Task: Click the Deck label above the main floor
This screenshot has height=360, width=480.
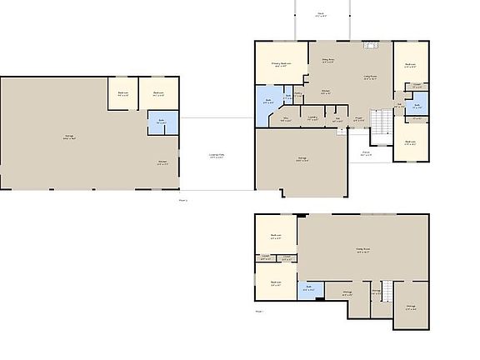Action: (x=320, y=14)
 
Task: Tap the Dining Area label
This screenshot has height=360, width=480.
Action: (x=328, y=61)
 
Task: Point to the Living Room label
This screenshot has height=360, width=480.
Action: (x=370, y=77)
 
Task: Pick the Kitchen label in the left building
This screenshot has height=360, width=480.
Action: (x=163, y=163)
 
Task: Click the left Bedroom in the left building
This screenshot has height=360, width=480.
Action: (x=122, y=93)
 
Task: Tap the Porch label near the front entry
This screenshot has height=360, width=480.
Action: (x=366, y=153)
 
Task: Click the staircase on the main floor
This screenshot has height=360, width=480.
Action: (x=380, y=125)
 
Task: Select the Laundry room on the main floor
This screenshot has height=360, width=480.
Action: (x=312, y=117)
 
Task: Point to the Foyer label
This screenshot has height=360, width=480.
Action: (x=358, y=118)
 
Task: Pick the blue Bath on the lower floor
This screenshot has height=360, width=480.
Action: (x=309, y=290)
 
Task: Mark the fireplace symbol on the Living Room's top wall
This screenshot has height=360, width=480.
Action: (x=365, y=42)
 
